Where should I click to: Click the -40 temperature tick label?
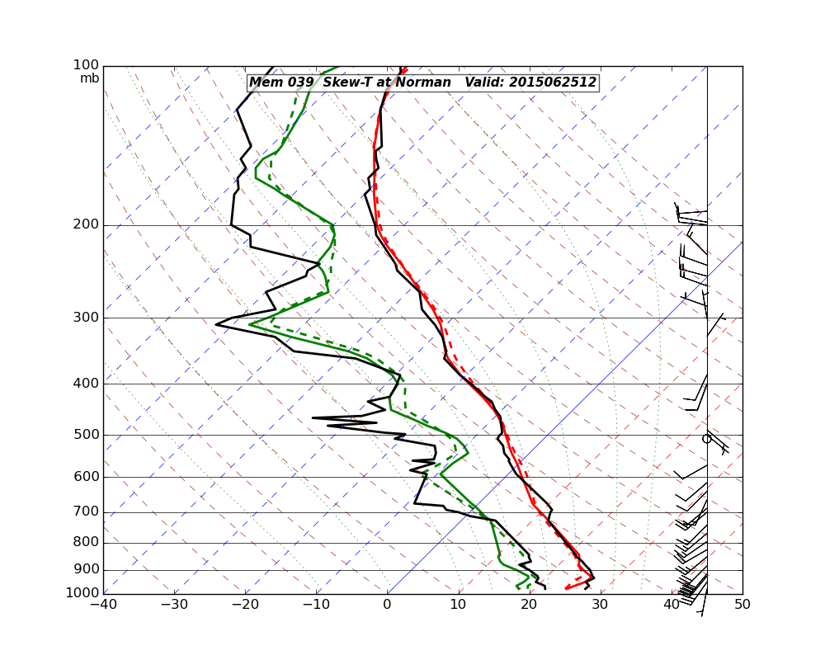click(x=103, y=605)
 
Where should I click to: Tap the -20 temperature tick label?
click(x=245, y=605)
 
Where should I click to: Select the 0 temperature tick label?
click(x=388, y=605)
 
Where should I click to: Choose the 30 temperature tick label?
click(x=600, y=605)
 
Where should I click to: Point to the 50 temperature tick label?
click(x=742, y=605)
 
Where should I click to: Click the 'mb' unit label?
click(x=89, y=78)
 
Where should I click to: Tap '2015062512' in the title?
click(x=552, y=82)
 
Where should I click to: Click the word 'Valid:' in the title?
click(x=484, y=82)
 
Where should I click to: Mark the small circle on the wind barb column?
click(x=706, y=439)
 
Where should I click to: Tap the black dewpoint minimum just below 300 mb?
click(x=216, y=324)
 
